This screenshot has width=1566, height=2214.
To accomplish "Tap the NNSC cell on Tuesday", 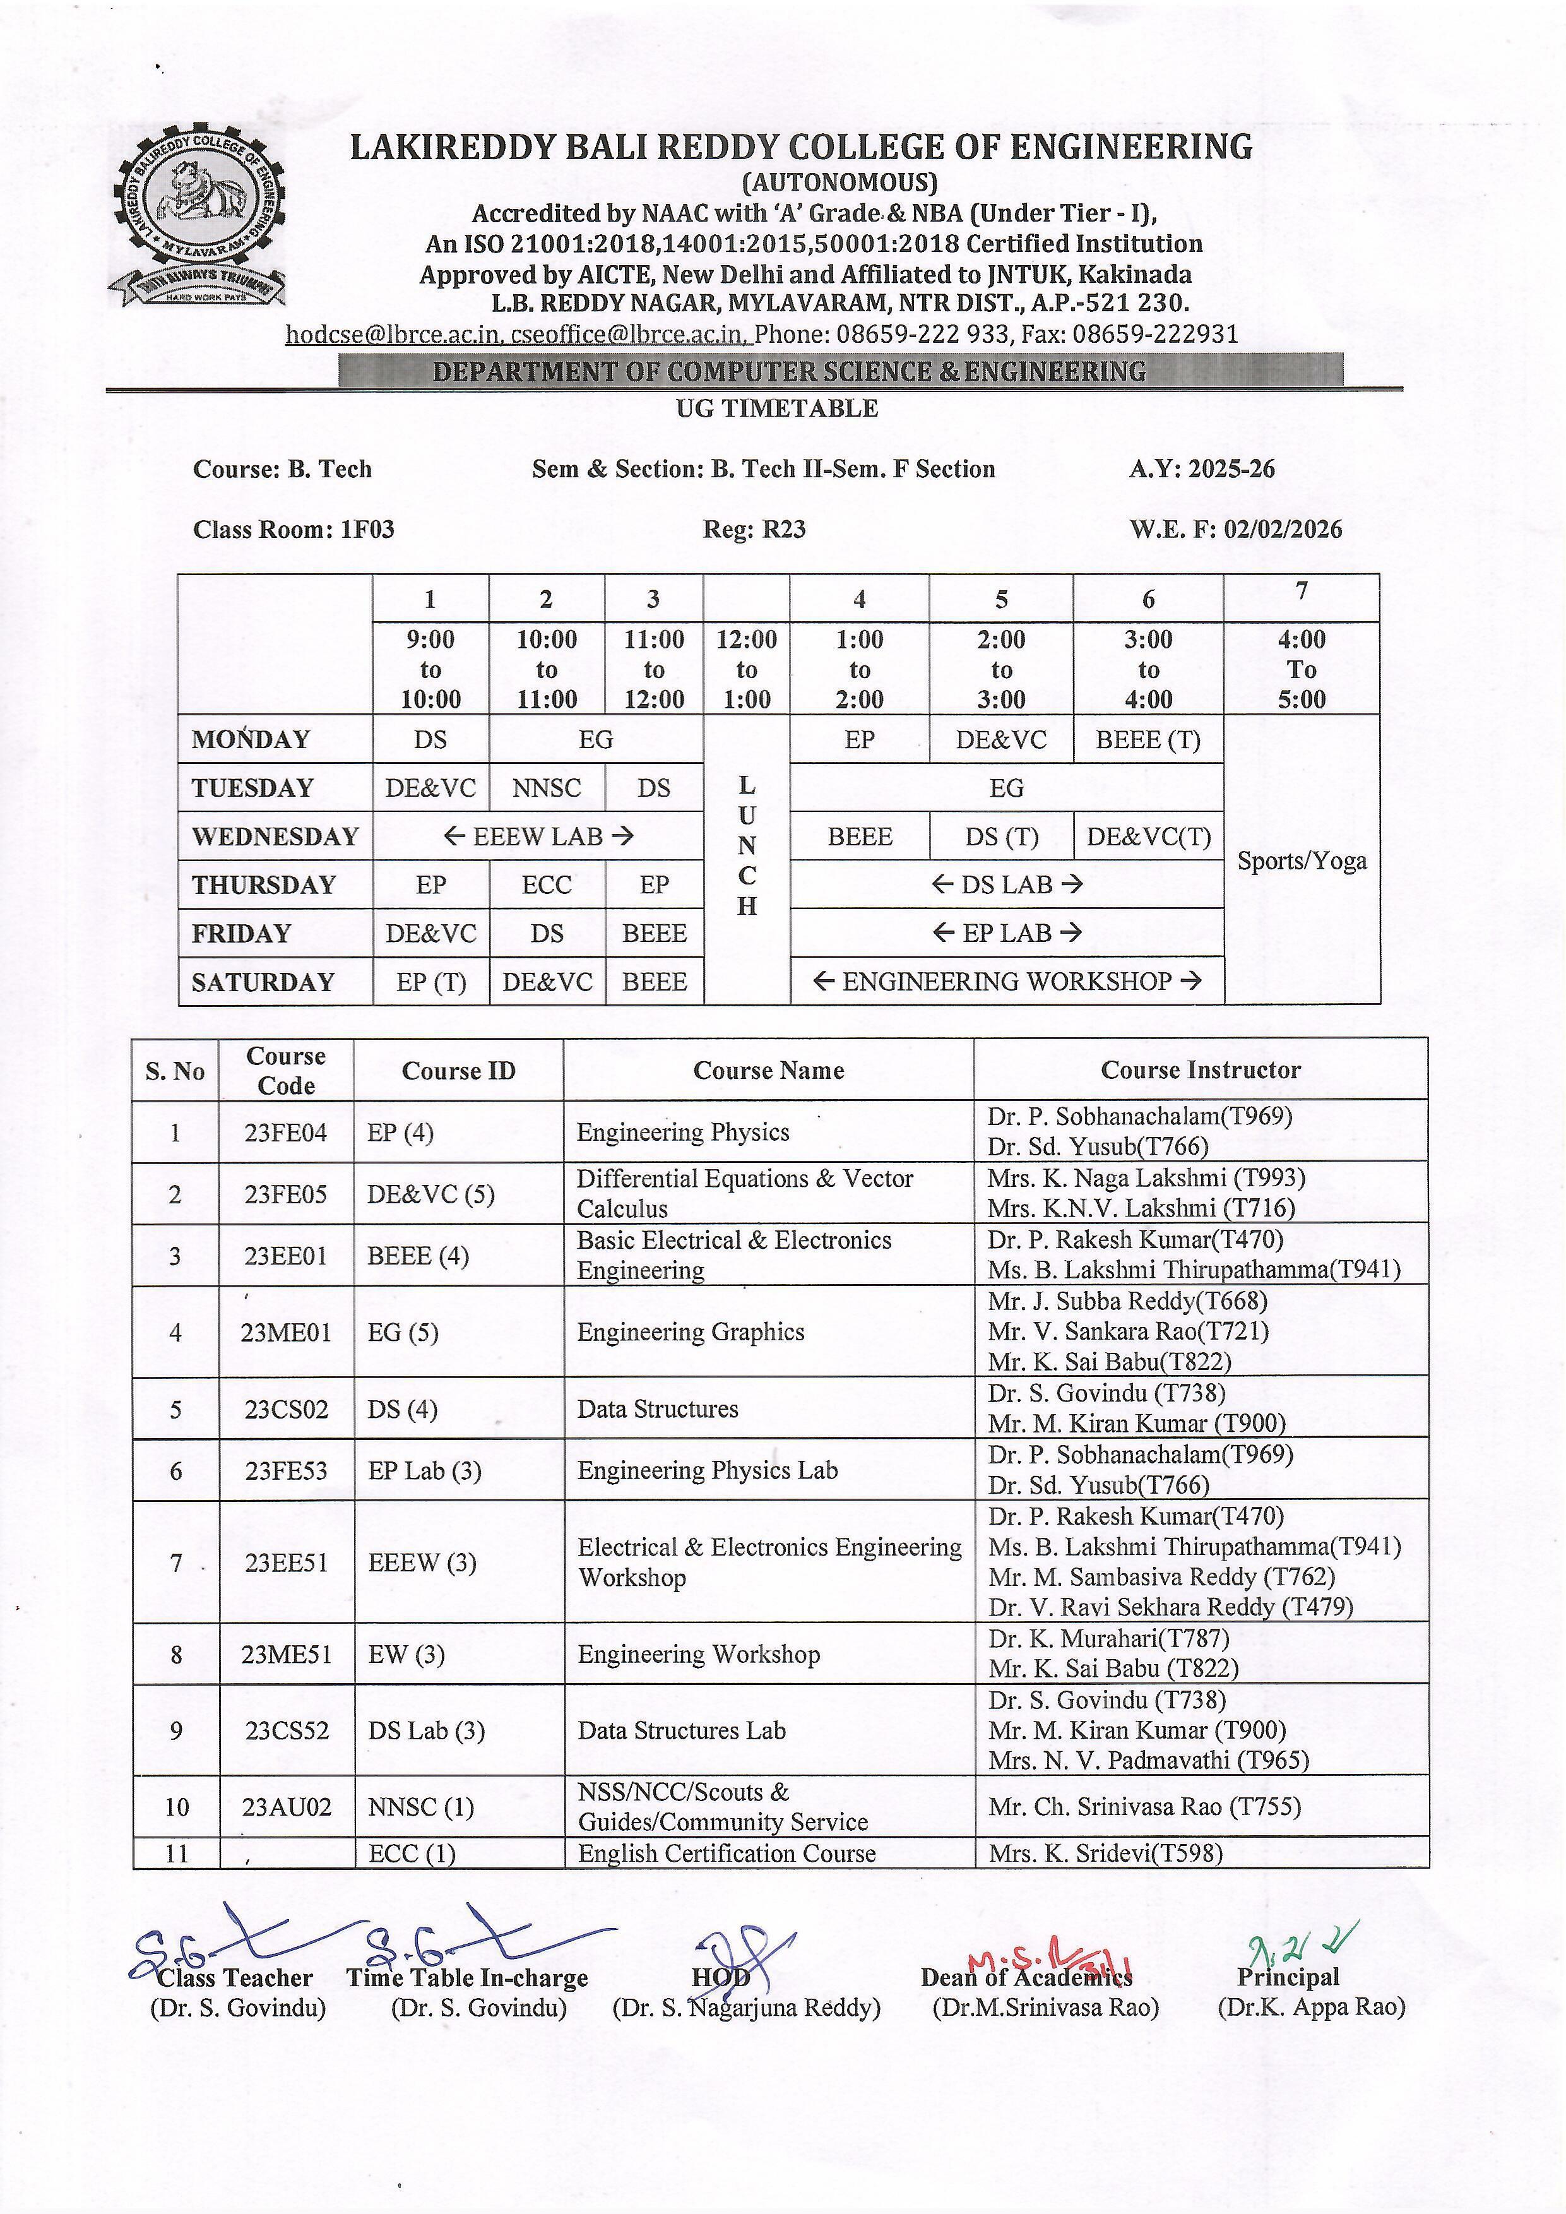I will click(547, 788).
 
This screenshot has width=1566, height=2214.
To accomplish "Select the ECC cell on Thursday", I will click(547, 884).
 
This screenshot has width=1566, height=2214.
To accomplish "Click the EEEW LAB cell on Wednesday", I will click(538, 836).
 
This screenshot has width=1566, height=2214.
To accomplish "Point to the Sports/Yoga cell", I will click(1301, 860).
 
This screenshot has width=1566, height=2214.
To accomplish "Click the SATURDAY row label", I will click(263, 982).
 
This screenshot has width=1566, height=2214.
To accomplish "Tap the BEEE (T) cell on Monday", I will click(1148, 740).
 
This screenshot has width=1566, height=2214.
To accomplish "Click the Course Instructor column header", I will click(1201, 1069).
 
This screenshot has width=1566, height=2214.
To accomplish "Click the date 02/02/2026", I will click(1283, 528).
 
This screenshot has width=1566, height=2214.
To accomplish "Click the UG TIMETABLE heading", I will click(776, 408).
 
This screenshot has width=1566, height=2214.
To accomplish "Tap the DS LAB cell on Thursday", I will click(1007, 884).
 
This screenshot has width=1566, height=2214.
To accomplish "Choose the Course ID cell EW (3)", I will click(406, 1655).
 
